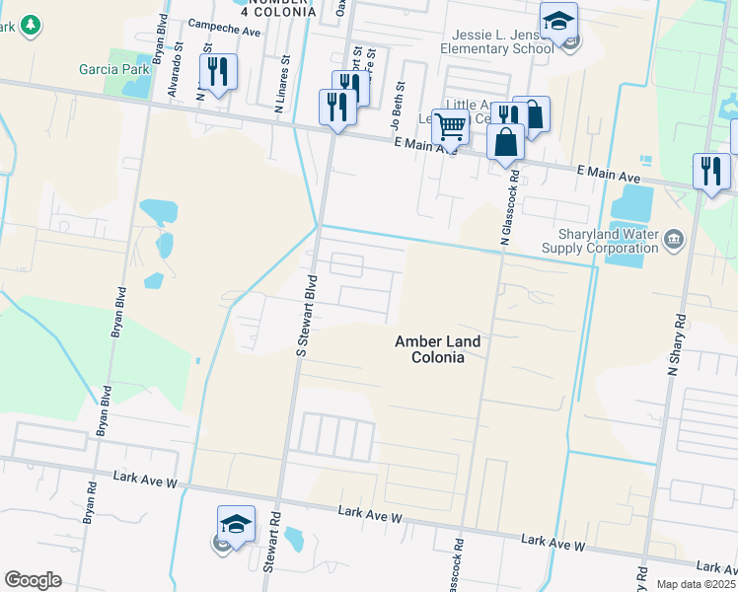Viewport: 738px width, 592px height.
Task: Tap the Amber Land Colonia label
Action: (437, 349)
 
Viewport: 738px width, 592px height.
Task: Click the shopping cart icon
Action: (451, 126)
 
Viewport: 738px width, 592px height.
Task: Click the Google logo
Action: (33, 580)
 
